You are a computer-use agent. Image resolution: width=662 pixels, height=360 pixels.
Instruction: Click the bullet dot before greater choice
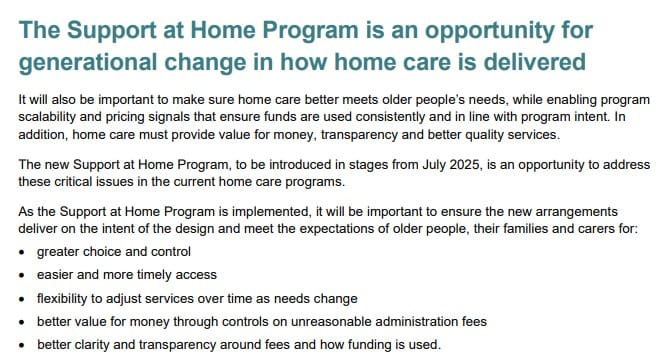click(x=23, y=252)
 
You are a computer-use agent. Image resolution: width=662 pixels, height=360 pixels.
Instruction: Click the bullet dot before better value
click(x=23, y=322)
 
